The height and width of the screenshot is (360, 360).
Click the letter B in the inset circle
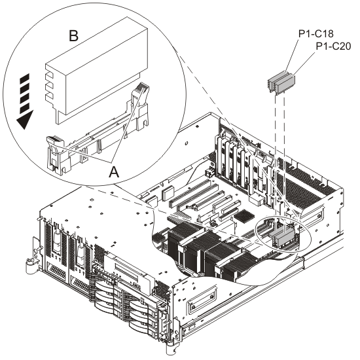click(74, 36)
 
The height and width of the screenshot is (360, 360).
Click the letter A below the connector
click(114, 171)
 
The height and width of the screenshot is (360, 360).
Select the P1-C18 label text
click(315, 34)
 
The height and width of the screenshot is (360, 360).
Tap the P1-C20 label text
click(333, 46)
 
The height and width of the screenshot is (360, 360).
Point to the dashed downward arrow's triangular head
click(25, 120)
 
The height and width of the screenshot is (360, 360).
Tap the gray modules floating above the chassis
click(281, 82)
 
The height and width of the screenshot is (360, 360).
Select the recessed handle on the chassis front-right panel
click(202, 298)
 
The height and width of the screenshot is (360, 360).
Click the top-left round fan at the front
click(105, 287)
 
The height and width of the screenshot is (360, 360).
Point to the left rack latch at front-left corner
click(29, 264)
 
